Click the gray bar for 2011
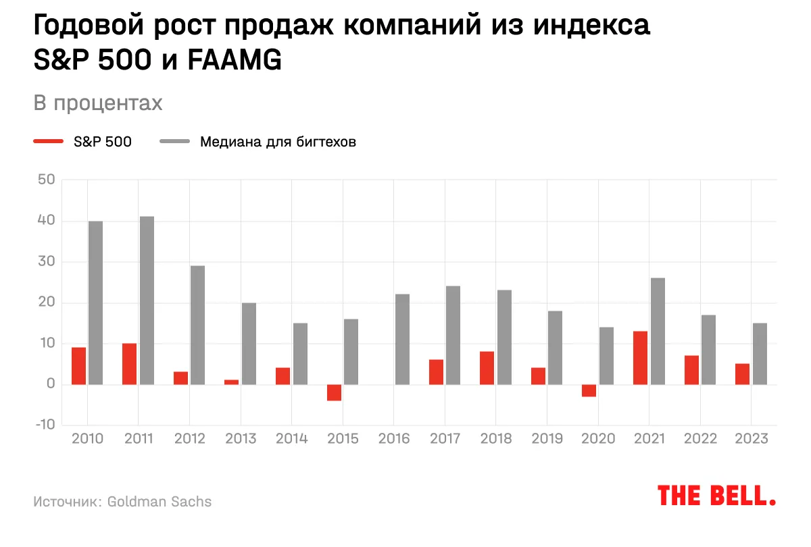(147, 301)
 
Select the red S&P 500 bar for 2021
(640, 358)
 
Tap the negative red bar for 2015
(334, 392)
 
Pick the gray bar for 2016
(402, 339)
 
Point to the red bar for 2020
(589, 390)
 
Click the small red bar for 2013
(231, 382)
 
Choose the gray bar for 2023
(760, 354)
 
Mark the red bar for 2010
(78, 366)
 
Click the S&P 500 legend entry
(102, 142)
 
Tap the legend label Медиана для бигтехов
(278, 142)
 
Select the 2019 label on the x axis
(547, 439)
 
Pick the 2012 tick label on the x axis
(189, 439)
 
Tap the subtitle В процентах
(98, 103)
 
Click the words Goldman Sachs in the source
(159, 502)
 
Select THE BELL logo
(716, 495)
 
